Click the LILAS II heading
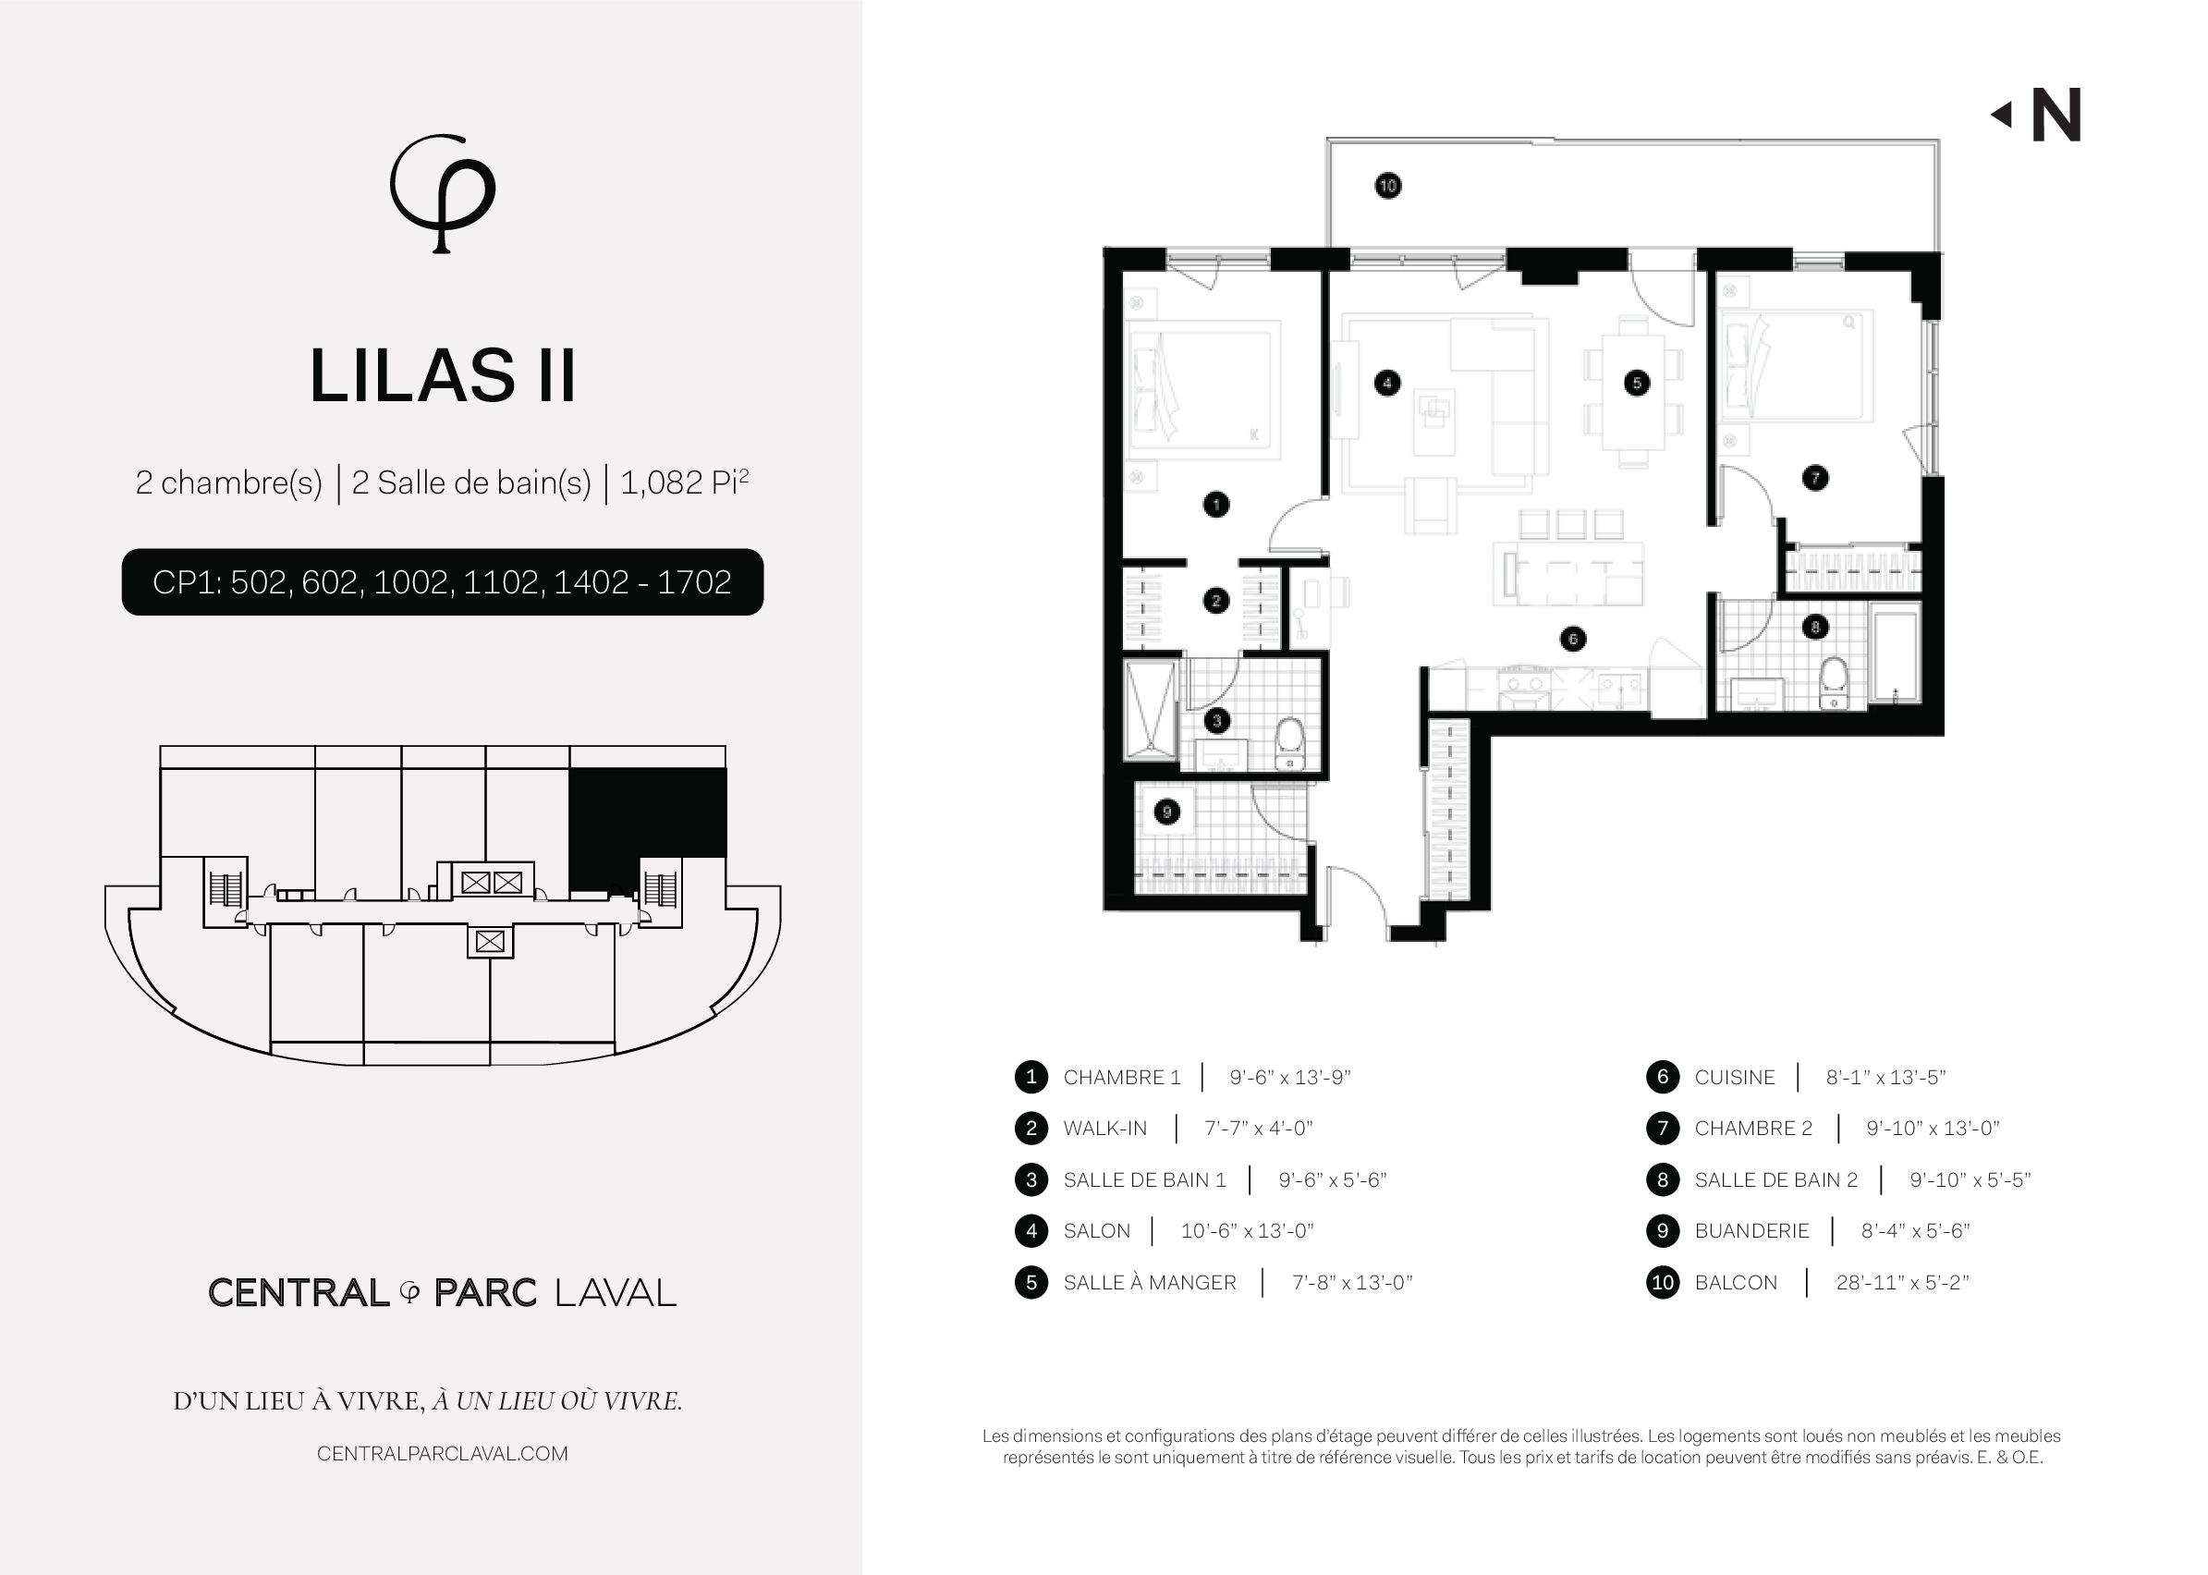(x=442, y=375)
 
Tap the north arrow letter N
(x=2056, y=116)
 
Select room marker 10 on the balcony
(x=1387, y=185)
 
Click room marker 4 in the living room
(x=1387, y=383)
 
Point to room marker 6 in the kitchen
(x=1573, y=638)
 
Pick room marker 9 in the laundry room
(x=1166, y=812)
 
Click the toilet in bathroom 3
(x=1289, y=743)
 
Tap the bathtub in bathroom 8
(x=1894, y=653)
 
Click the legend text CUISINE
(x=1734, y=1078)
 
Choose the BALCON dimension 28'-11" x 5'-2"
(x=1901, y=1283)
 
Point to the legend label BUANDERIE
(x=1751, y=1231)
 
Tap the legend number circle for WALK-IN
(x=1031, y=1128)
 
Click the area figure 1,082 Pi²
(x=685, y=482)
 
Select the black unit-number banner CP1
(x=442, y=582)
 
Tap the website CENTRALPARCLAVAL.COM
(x=442, y=1454)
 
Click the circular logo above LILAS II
(x=442, y=193)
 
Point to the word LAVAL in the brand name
(x=616, y=1293)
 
